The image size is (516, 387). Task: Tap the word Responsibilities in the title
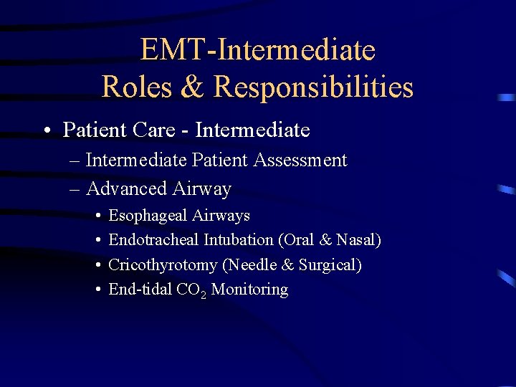coord(313,87)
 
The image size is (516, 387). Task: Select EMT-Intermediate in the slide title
coord(257,50)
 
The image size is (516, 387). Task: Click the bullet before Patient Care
coord(45,130)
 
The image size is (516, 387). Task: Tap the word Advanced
coord(126,188)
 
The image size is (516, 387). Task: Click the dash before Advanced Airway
coord(76,189)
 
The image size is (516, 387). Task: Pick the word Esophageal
coord(147,215)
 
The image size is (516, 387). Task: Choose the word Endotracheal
coord(155,239)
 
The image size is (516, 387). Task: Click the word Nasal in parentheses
coord(355,239)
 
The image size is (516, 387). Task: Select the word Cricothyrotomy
coord(163,264)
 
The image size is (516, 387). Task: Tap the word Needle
coord(252,264)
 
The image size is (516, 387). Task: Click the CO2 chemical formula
coord(191,290)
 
